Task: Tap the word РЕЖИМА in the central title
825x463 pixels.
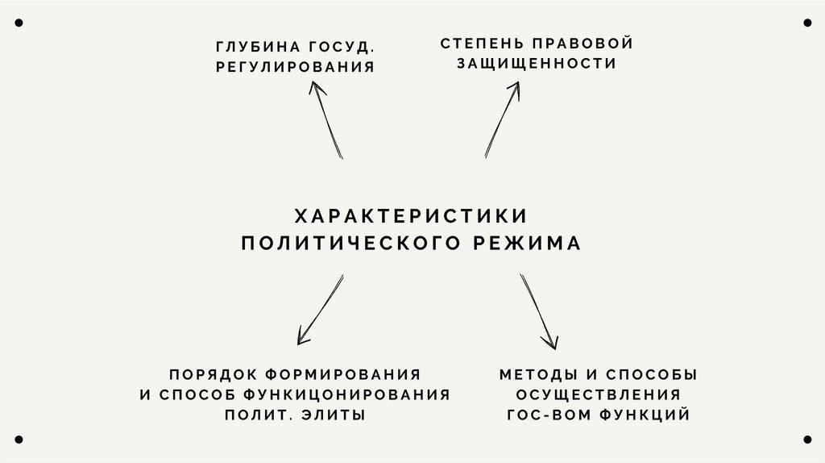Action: [x=527, y=244]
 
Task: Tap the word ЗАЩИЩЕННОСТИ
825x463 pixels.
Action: [x=537, y=63]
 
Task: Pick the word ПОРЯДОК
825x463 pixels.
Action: [x=205, y=374]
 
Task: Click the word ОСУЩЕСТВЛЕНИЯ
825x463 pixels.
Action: [x=598, y=394]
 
